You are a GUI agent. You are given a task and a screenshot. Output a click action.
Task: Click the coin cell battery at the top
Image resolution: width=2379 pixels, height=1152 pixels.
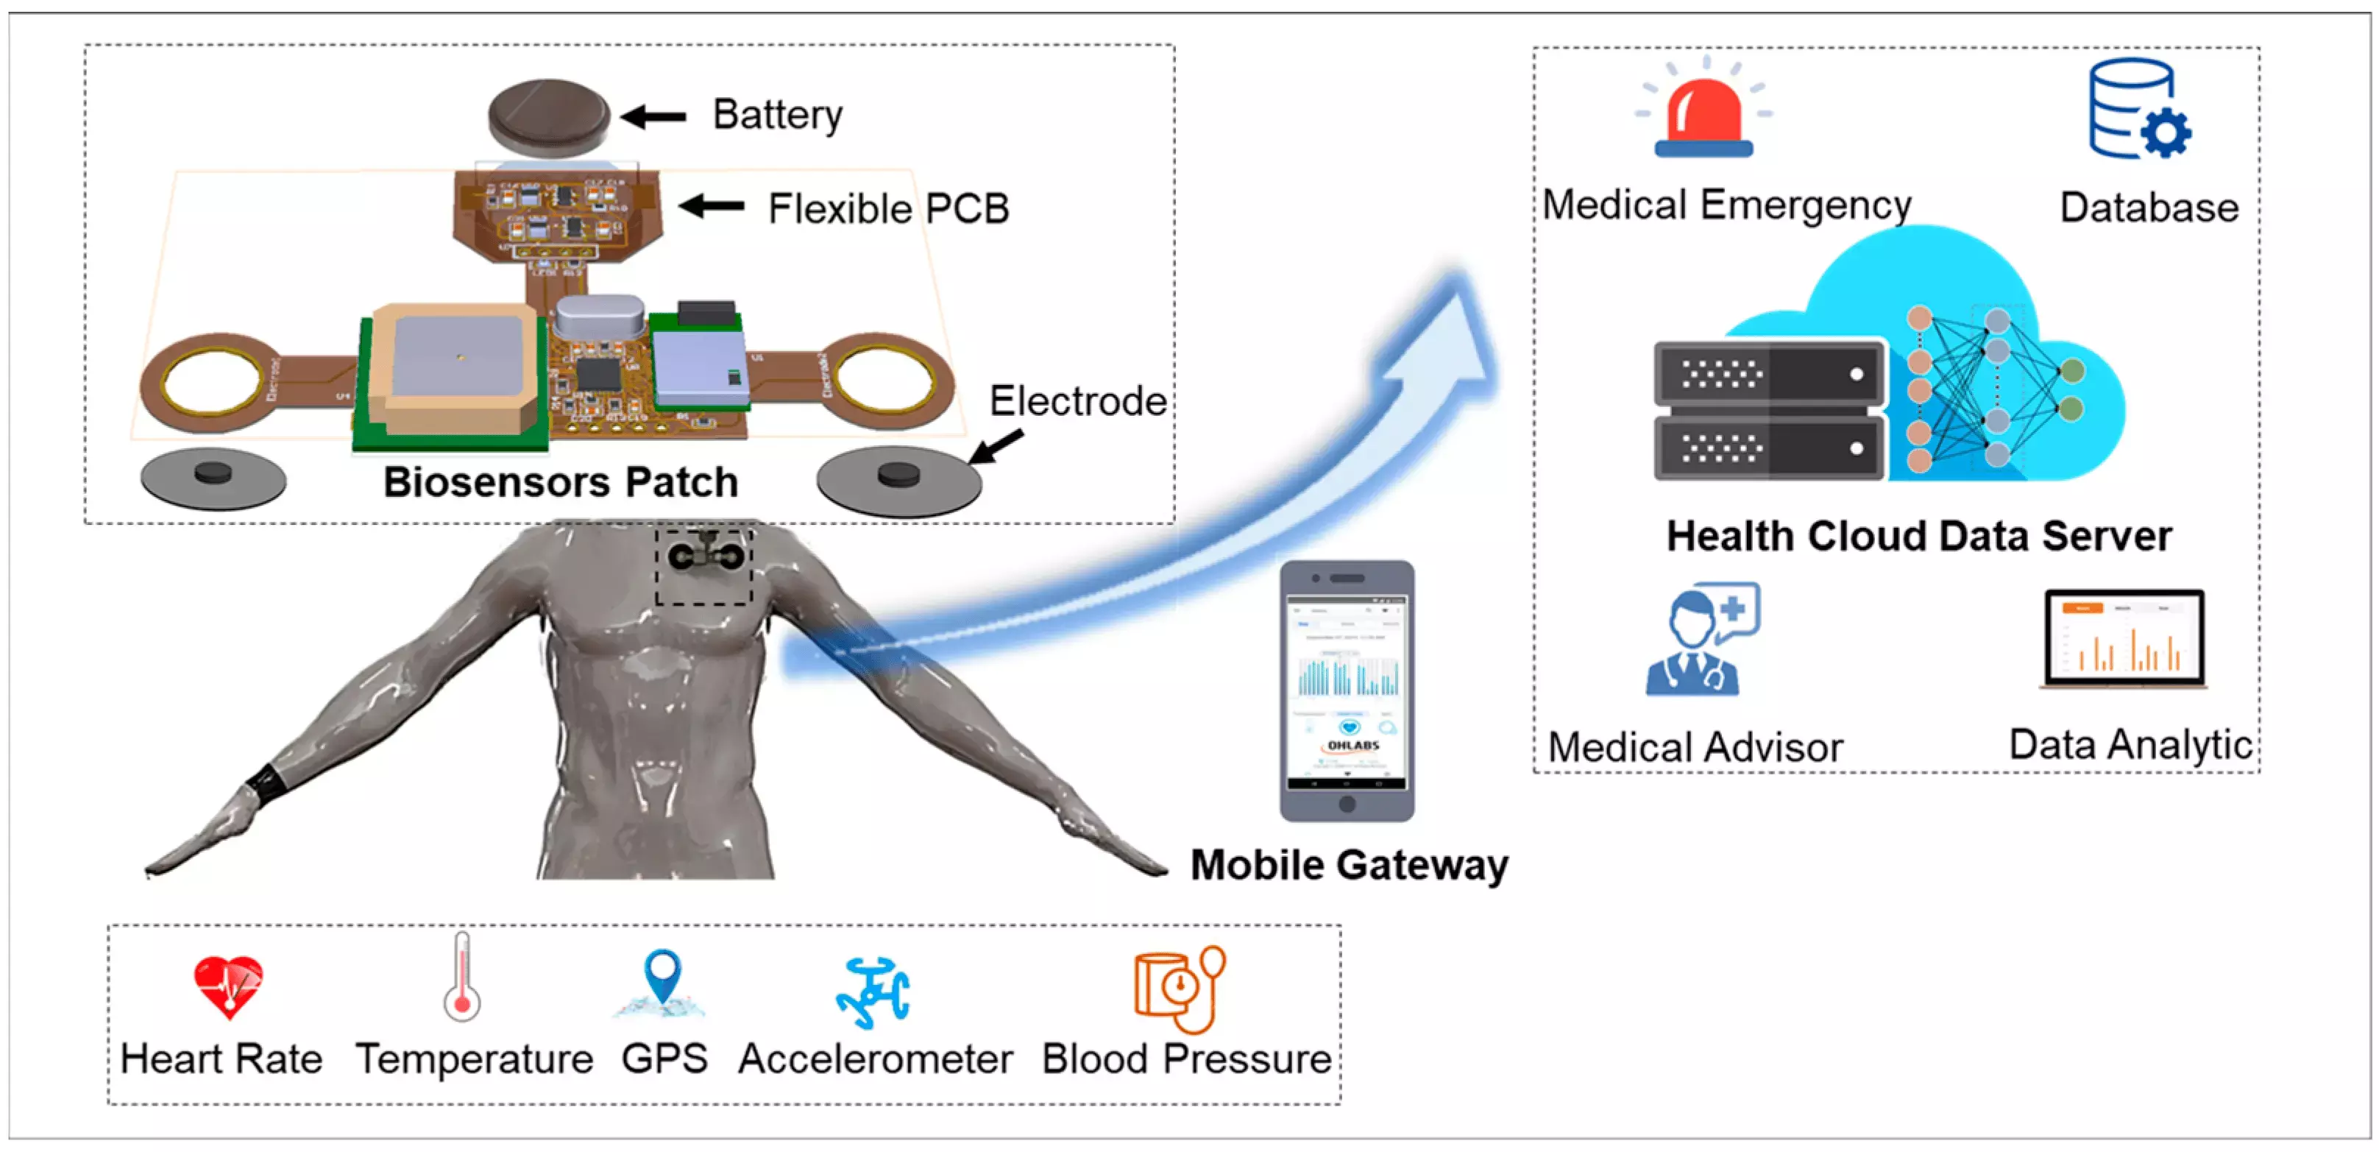point(548,116)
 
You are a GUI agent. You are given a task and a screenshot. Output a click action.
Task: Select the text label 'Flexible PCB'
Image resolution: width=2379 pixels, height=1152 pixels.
point(888,209)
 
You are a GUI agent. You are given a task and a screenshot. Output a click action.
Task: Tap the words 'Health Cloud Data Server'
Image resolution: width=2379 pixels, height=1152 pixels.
point(1918,536)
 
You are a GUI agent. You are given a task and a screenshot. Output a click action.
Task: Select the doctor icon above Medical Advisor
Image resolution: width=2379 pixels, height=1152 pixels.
point(1702,639)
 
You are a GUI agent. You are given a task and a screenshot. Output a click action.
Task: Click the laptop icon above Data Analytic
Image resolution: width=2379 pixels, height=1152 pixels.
point(2123,639)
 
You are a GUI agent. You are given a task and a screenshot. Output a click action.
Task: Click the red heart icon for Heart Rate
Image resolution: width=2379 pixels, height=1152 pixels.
point(228,986)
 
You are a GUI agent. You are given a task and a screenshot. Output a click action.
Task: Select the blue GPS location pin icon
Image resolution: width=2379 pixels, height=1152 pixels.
point(662,979)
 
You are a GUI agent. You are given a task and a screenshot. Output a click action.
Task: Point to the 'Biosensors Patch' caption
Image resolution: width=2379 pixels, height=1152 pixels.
point(561,482)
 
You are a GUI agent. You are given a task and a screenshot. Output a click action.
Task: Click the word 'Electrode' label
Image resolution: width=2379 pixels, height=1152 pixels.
point(1077,402)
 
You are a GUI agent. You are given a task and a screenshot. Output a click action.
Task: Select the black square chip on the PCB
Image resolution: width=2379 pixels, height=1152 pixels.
point(598,373)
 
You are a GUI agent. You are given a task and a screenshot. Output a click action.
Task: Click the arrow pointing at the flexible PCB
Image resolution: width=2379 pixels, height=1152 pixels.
point(712,206)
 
